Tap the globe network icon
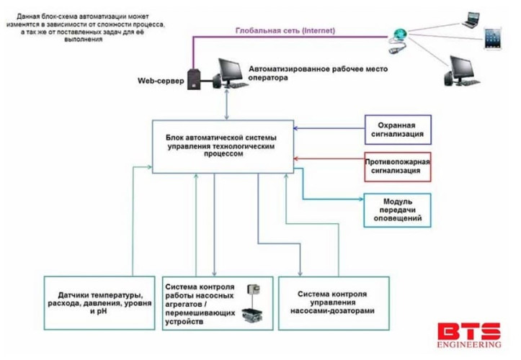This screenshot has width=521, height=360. click(398, 34)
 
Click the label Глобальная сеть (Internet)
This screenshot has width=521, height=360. click(285, 30)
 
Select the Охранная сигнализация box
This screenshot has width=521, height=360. click(398, 128)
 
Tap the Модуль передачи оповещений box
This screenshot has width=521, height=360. click(398, 209)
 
